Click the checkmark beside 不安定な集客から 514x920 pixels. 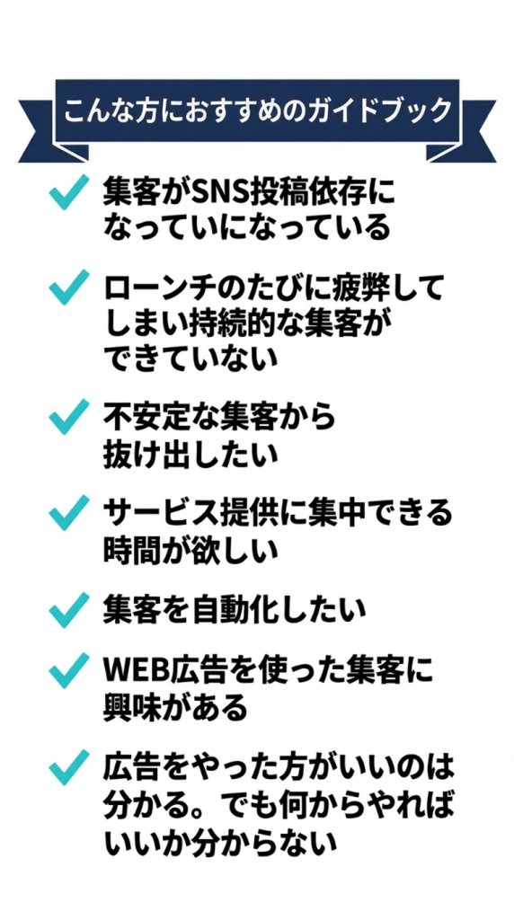tap(68, 417)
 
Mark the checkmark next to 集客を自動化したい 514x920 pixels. tap(68, 610)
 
